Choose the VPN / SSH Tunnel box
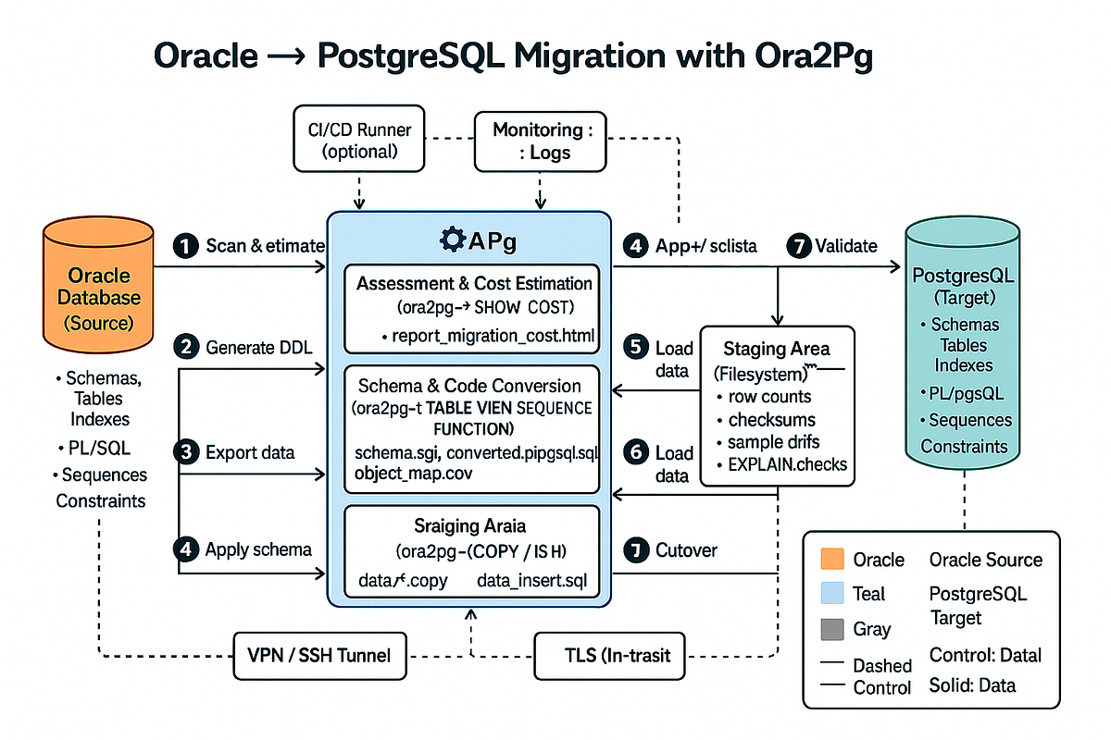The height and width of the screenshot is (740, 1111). [x=319, y=655]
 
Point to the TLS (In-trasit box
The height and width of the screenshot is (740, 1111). [x=610, y=655]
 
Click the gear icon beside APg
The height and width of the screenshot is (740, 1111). [x=454, y=241]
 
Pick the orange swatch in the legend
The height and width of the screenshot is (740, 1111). [x=832, y=560]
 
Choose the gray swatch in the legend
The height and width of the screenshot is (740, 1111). [x=832, y=630]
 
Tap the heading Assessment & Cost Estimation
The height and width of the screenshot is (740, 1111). [x=474, y=283]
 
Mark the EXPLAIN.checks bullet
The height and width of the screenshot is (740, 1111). [x=788, y=465]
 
